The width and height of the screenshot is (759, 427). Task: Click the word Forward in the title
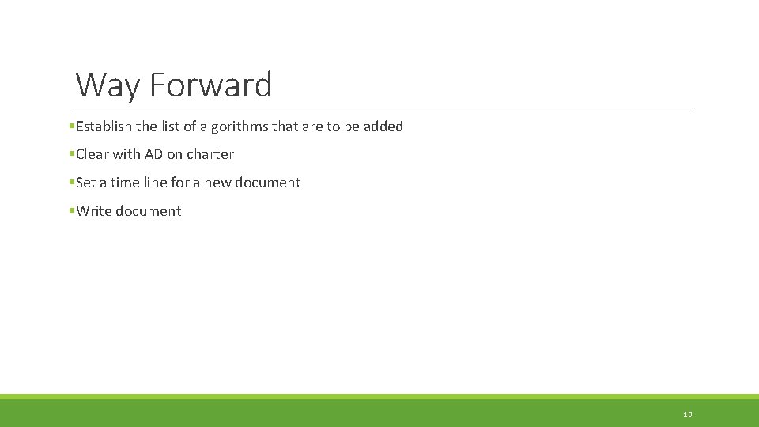tap(210, 85)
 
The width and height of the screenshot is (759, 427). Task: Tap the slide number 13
tap(687, 414)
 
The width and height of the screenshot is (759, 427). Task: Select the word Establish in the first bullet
tap(104, 127)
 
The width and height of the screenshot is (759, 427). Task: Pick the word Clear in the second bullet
tap(93, 154)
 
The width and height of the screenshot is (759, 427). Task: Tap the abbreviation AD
tap(153, 154)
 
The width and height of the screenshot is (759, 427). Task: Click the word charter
tap(210, 154)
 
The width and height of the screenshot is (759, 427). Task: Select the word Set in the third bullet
tap(86, 183)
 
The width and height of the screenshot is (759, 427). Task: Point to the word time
tap(125, 183)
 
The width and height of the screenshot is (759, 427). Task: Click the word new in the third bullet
tap(219, 183)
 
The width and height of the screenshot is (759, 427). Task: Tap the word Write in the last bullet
tap(94, 211)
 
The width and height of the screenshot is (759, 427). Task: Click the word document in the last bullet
tap(149, 211)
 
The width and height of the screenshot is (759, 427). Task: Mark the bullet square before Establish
tap(71, 126)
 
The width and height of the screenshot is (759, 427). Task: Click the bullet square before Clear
tap(71, 153)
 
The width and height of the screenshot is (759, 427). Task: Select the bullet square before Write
tap(71, 210)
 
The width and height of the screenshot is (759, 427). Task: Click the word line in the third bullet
tap(155, 183)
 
